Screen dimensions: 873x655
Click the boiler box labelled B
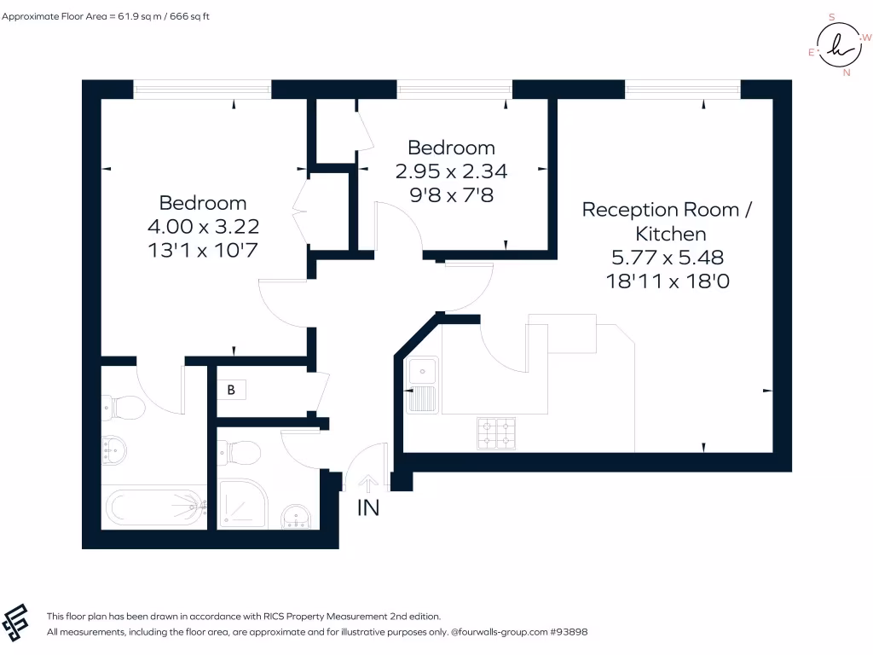point(231,390)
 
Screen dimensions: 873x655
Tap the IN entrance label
point(368,508)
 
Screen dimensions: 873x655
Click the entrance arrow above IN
point(367,484)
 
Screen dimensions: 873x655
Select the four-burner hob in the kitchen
point(496,433)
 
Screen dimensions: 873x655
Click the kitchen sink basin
point(423,370)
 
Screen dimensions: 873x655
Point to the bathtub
point(155,507)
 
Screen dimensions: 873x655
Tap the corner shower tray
point(243,503)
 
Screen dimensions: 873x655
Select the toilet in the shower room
point(239,453)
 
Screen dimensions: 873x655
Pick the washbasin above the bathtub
point(114,450)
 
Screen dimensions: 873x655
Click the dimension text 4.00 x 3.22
point(203,227)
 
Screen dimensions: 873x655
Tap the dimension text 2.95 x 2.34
point(452,171)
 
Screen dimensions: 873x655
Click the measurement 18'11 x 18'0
point(668,281)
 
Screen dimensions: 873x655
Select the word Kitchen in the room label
point(671,234)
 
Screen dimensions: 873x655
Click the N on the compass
point(847,72)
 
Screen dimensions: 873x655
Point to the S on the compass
point(832,17)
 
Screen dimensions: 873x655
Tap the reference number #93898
point(569,632)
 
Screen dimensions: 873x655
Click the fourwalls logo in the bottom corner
point(15,623)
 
